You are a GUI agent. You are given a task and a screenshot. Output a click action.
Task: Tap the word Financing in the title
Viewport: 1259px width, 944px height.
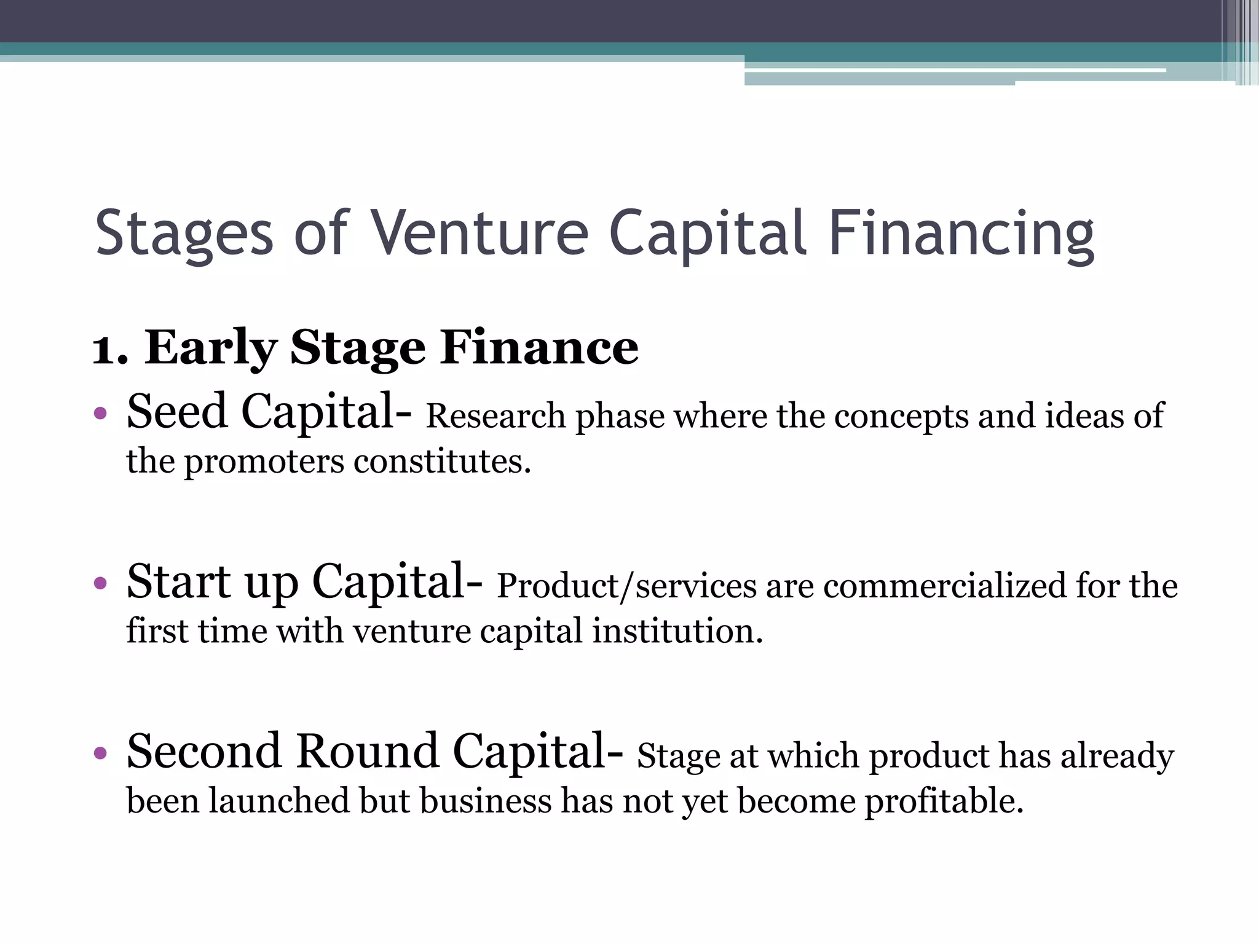click(x=961, y=234)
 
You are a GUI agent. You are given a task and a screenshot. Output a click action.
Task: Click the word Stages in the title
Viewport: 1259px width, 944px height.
click(x=184, y=234)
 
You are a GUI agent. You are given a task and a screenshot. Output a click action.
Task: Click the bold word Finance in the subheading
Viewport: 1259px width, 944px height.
click(x=540, y=348)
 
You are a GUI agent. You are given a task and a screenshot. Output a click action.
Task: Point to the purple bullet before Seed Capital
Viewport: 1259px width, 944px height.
click(x=101, y=413)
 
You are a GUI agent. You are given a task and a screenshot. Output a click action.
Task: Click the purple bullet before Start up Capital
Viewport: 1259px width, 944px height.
click(x=101, y=583)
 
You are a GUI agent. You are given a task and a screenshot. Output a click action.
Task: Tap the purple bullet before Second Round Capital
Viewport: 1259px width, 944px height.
click(x=101, y=752)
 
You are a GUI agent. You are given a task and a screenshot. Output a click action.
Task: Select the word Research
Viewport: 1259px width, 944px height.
click(x=495, y=417)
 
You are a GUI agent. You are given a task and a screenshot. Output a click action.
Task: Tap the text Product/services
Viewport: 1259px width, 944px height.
click(x=626, y=586)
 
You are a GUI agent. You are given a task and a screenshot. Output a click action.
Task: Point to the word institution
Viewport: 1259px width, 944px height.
click(x=677, y=632)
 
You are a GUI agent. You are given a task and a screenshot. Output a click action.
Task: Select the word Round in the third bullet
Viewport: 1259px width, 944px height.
click(x=367, y=752)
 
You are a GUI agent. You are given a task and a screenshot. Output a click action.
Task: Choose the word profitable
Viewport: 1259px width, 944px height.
click(x=944, y=801)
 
